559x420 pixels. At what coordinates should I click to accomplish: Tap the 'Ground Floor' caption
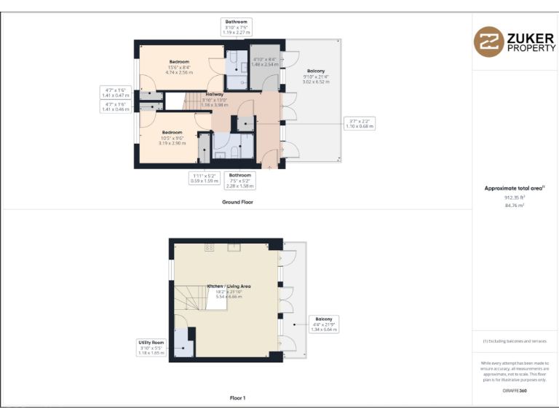[237, 201]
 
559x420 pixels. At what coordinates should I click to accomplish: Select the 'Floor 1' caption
[237, 398]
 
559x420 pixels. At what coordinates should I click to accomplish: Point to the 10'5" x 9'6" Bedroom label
[172, 138]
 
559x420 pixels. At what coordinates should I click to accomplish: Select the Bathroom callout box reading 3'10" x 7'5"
[237, 27]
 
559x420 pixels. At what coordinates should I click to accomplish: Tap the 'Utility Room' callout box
[152, 347]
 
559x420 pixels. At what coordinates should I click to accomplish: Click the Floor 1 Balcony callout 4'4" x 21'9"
[324, 324]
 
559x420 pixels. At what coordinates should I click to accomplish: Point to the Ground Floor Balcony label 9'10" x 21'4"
[316, 77]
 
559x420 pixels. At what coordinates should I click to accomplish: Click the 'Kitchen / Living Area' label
[229, 291]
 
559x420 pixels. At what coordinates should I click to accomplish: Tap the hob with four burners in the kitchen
[210, 248]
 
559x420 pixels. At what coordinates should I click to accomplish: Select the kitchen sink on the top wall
[234, 247]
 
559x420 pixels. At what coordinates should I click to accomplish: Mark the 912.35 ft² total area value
[515, 197]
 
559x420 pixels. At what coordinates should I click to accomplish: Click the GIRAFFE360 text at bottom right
[515, 391]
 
